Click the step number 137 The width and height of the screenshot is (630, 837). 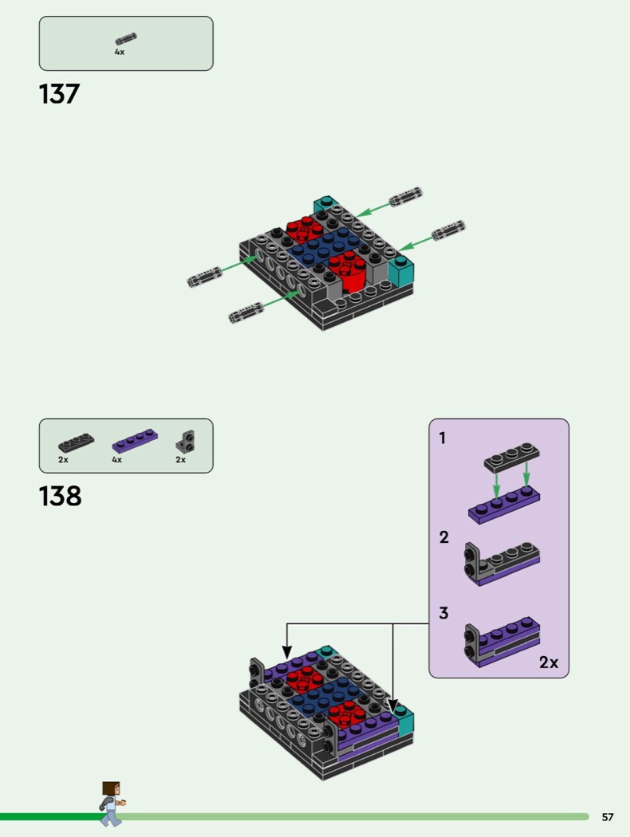(x=59, y=94)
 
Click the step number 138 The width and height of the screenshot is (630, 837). (x=61, y=496)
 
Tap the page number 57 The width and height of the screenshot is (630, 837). (x=608, y=817)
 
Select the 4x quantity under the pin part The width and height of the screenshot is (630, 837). (x=120, y=52)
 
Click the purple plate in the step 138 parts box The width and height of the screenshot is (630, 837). (x=135, y=442)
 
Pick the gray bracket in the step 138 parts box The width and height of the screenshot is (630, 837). (x=185, y=441)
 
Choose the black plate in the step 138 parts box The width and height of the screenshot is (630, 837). (x=77, y=442)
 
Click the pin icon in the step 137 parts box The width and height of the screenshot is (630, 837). (x=126, y=39)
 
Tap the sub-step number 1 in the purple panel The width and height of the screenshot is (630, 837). (x=442, y=438)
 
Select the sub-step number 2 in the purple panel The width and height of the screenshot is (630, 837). (x=443, y=537)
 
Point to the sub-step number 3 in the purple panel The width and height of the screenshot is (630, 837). (x=443, y=613)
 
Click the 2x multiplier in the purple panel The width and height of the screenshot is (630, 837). (x=549, y=662)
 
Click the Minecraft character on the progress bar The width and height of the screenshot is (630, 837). (x=111, y=804)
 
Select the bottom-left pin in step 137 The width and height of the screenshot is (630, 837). (x=246, y=312)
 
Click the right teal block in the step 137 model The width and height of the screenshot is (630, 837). (x=400, y=271)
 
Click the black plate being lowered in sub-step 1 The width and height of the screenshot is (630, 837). (x=511, y=458)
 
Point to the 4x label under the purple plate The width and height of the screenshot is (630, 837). (x=117, y=460)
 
